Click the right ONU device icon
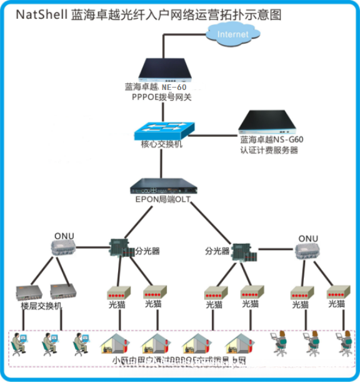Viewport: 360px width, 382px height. click(308, 251)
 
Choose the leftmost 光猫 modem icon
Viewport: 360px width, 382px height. click(118, 293)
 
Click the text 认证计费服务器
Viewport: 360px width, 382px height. click(269, 150)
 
